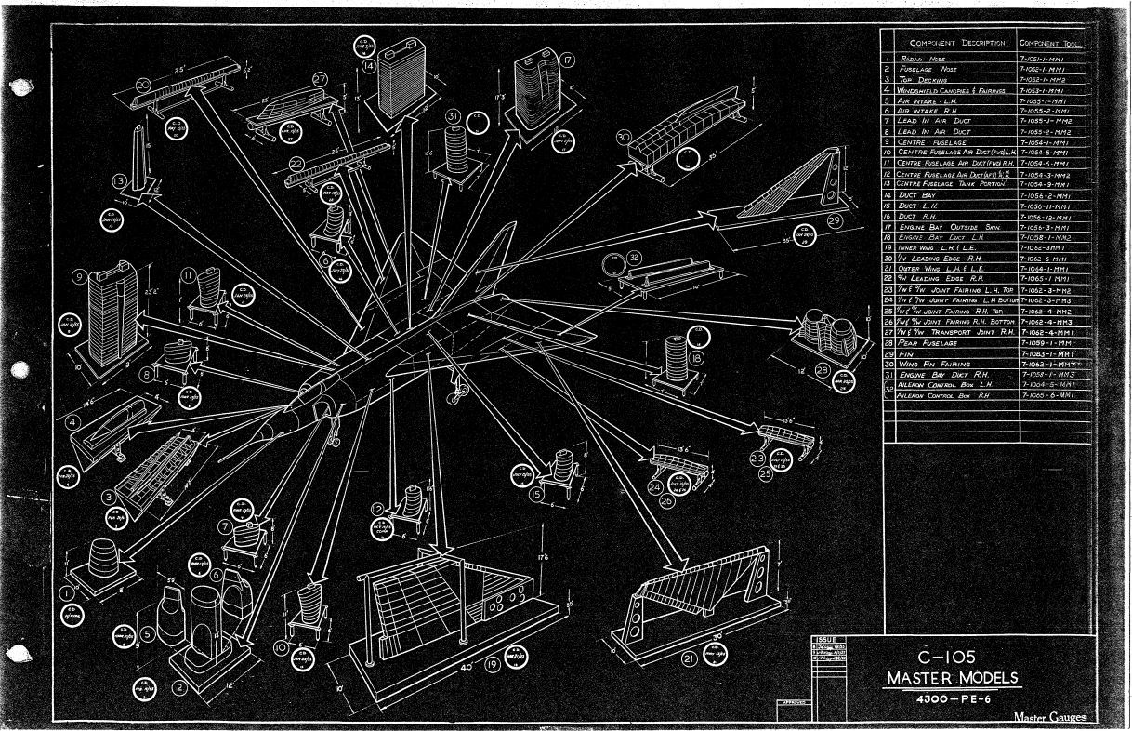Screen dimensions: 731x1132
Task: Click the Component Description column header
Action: click(x=957, y=44)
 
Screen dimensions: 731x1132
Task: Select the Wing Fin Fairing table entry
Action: click(x=938, y=365)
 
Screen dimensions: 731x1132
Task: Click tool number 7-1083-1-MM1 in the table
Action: click(x=1046, y=353)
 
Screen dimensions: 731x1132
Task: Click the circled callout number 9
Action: click(x=82, y=276)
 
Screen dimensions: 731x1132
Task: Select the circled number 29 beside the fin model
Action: click(x=833, y=219)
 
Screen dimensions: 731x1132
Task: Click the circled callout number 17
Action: click(x=566, y=58)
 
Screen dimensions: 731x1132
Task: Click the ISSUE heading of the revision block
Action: click(x=824, y=639)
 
